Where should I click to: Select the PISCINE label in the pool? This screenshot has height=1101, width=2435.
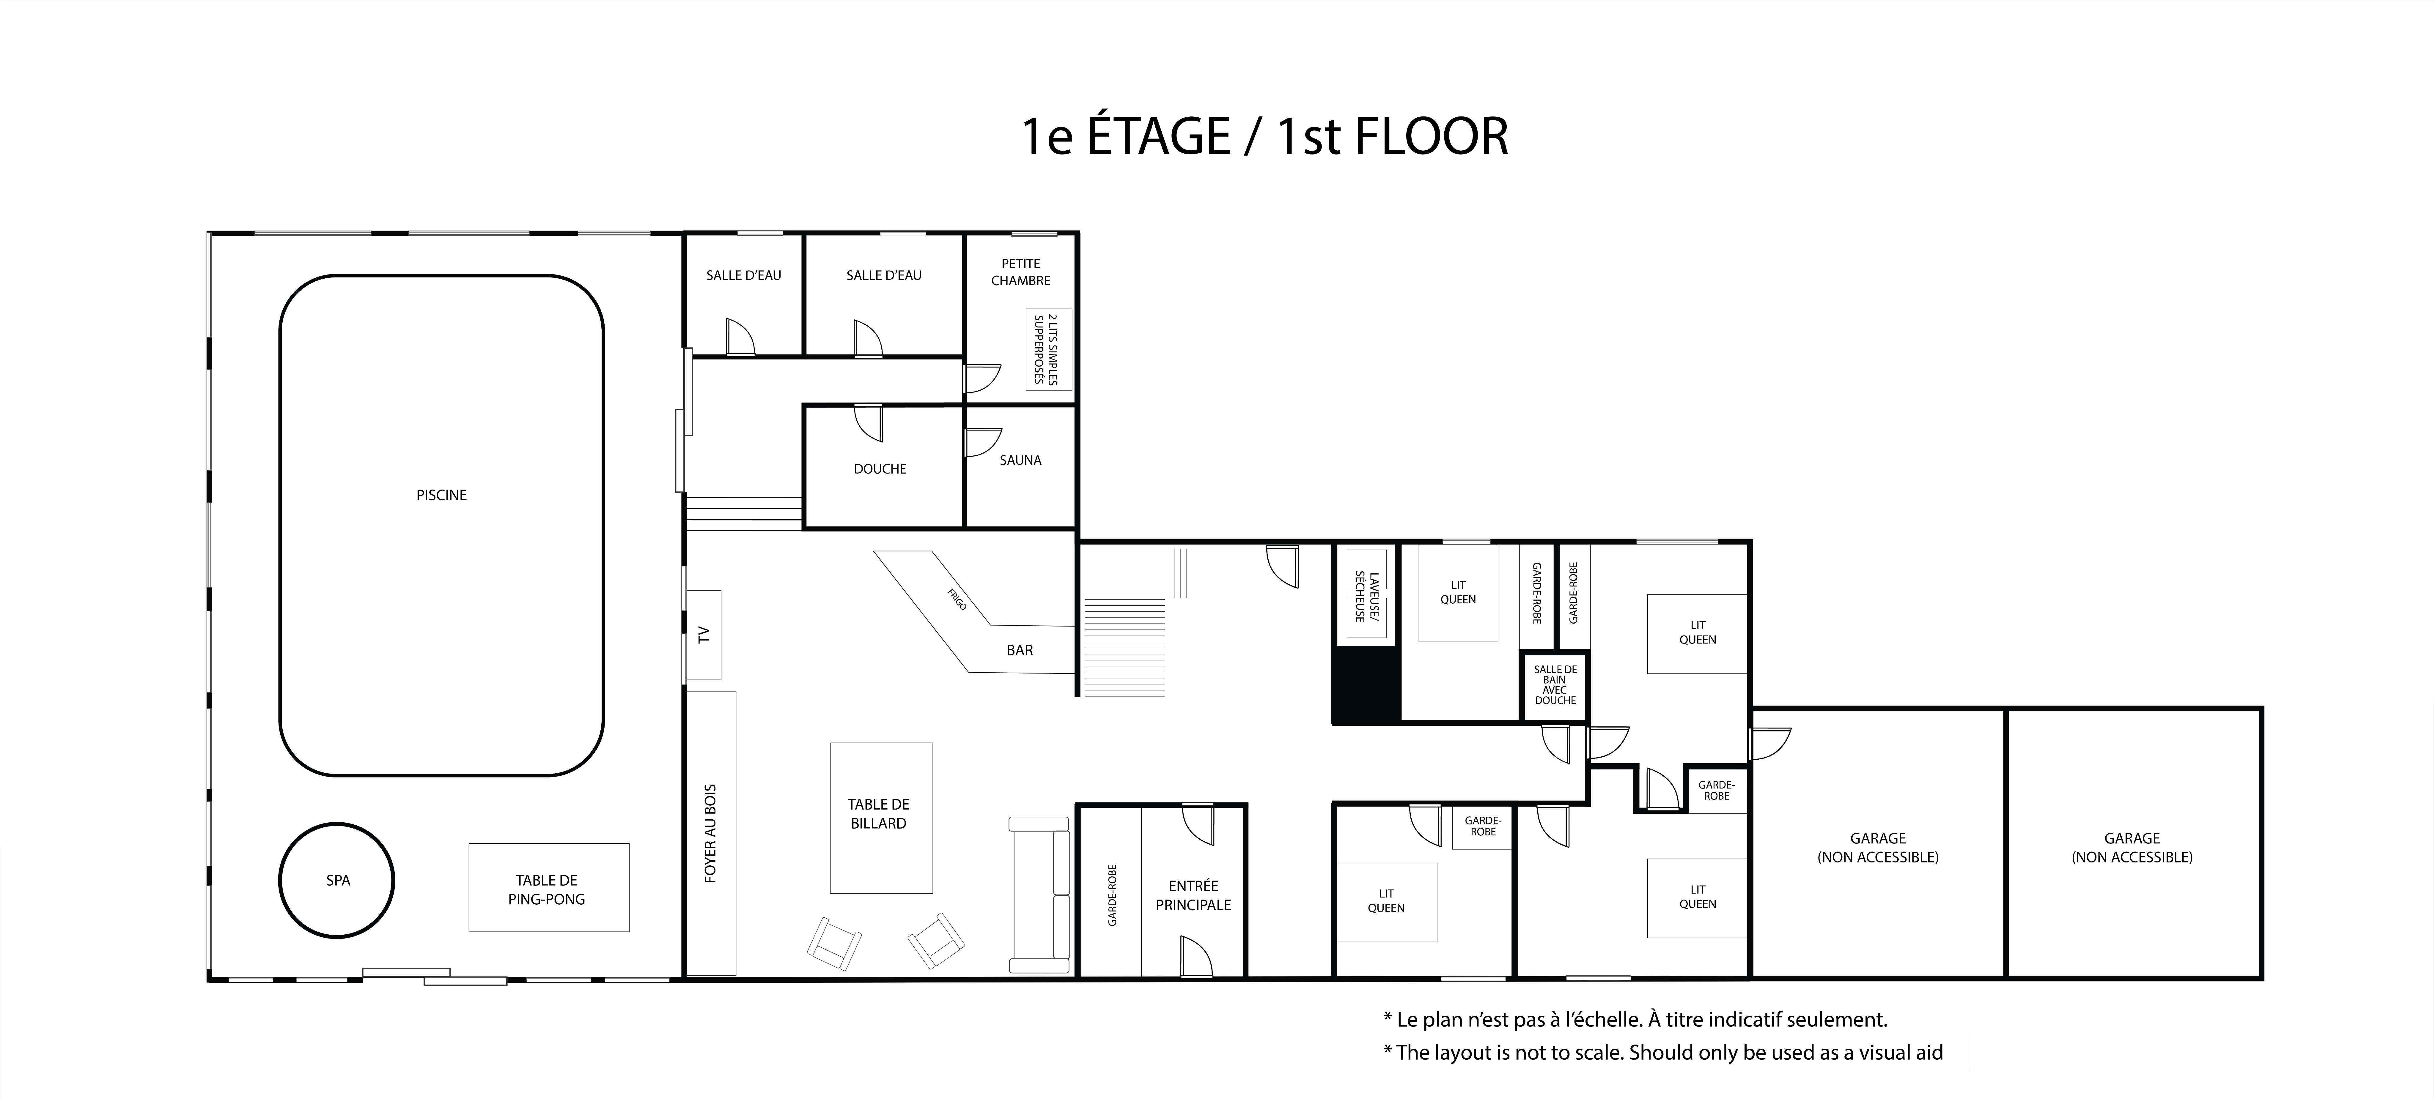point(441,495)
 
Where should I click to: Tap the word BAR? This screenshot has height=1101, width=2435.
point(1020,650)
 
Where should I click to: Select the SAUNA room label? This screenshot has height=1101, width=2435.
point(1021,460)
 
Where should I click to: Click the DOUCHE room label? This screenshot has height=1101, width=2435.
point(880,469)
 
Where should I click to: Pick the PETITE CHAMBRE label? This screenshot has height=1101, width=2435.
point(1021,272)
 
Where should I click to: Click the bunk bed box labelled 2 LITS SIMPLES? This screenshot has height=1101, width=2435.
point(1049,350)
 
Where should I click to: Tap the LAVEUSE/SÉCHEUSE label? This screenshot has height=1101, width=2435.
point(1367,596)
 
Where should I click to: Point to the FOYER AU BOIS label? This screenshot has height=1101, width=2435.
point(711,834)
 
